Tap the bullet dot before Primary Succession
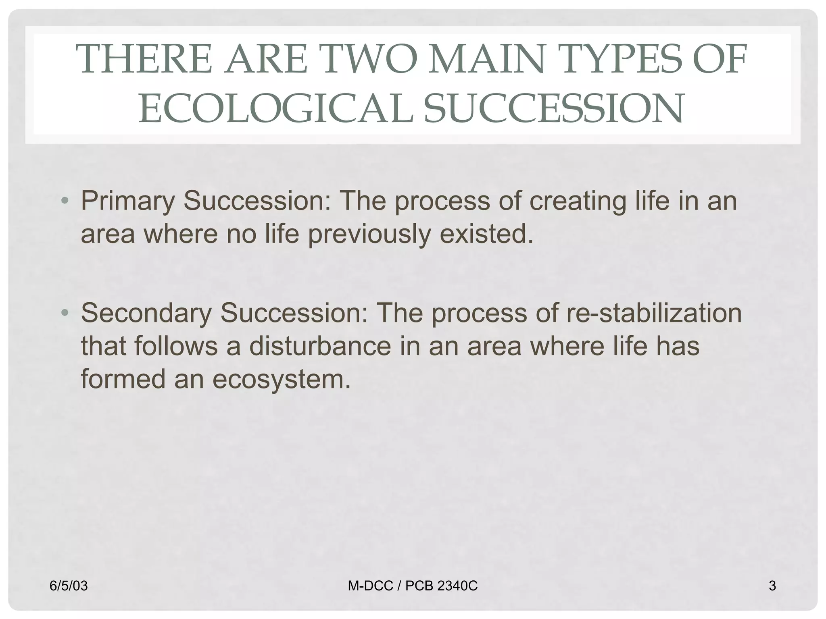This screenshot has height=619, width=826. pyautogui.click(x=65, y=201)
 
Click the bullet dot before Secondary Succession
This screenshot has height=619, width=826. pyautogui.click(x=65, y=313)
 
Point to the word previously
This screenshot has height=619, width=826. pyautogui.click(x=369, y=234)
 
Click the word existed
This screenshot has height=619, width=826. pyautogui.click(x=486, y=234)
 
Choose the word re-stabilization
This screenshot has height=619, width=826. pyautogui.click(x=654, y=313)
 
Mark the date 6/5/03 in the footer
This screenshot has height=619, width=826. pyautogui.click(x=69, y=586)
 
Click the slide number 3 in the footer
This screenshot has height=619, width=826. pyautogui.click(x=772, y=586)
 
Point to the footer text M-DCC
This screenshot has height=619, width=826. pyautogui.click(x=370, y=586)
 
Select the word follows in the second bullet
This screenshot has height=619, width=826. pyautogui.click(x=176, y=346)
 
